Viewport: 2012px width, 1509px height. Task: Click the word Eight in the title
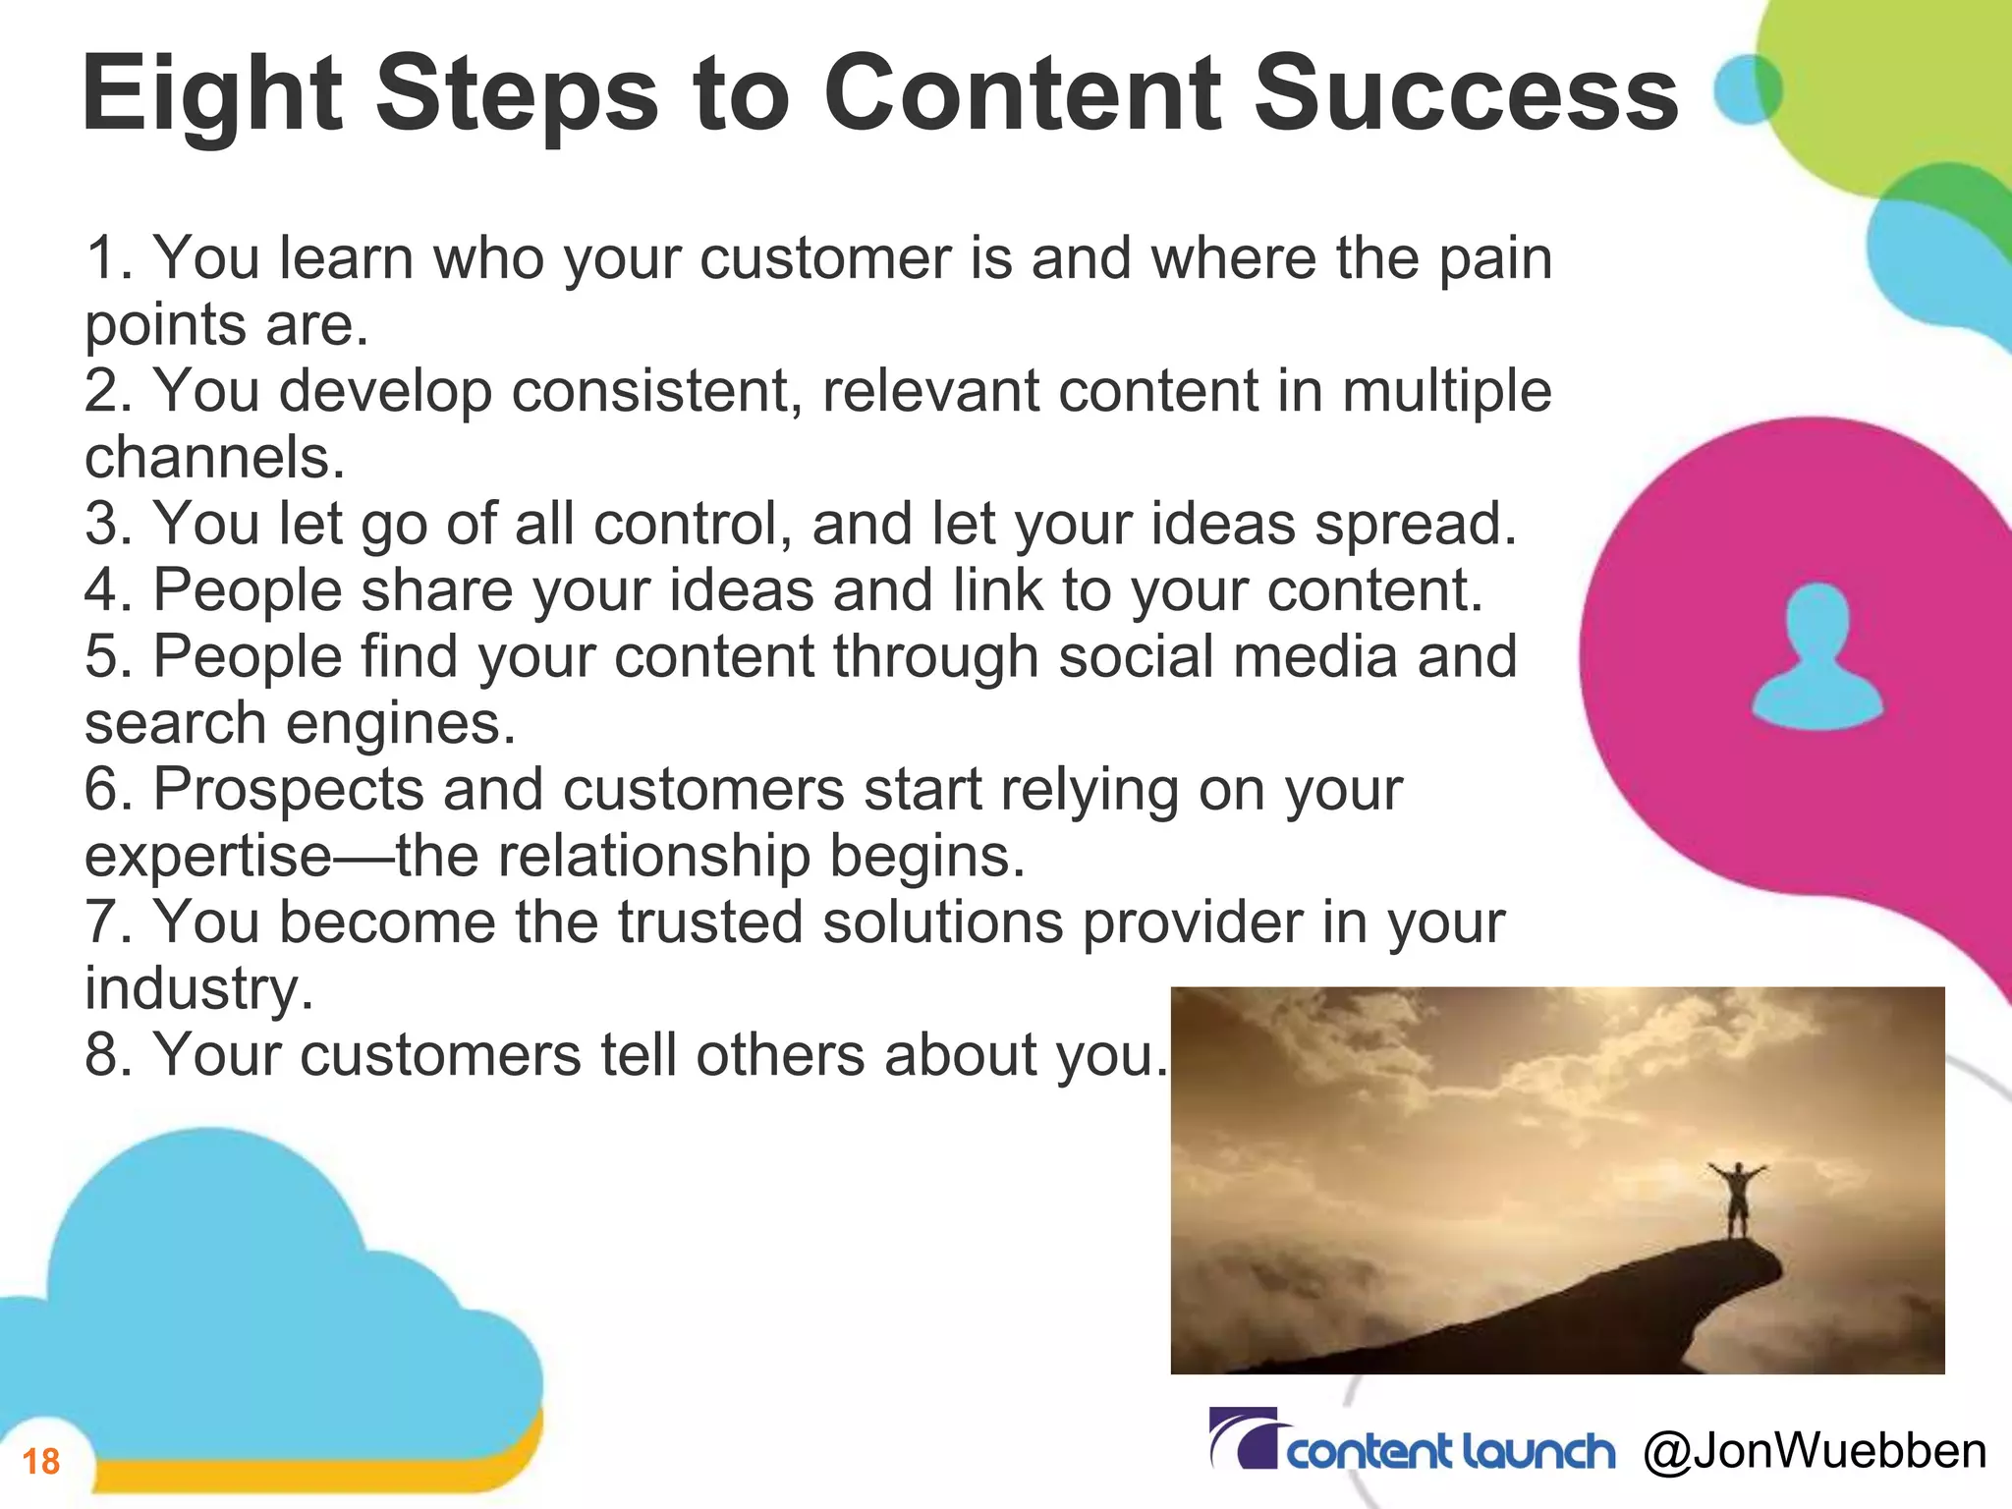click(211, 96)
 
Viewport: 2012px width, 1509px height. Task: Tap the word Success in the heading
click(1466, 94)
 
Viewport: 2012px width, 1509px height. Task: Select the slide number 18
click(41, 1461)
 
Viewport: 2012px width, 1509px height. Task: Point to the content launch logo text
click(1450, 1452)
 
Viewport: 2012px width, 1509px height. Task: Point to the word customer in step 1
click(825, 258)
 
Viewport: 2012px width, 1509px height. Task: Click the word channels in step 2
click(214, 458)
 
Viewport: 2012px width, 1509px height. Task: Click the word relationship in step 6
click(653, 857)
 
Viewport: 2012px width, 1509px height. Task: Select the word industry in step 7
click(197, 989)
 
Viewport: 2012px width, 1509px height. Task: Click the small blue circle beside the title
click(1747, 89)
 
